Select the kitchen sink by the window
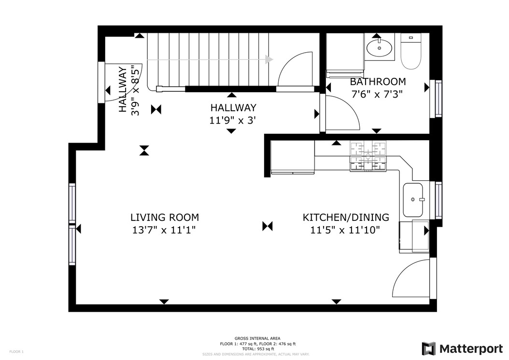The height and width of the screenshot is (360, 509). coord(413,200)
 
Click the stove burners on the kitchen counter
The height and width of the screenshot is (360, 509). coord(368,156)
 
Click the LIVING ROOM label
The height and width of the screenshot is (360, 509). coord(165,217)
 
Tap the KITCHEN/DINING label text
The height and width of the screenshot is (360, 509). coord(346,217)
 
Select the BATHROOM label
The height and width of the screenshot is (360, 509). coord(378,81)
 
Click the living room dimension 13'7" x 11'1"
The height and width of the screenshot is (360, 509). coord(164,230)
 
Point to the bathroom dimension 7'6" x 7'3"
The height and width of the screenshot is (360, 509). coord(377,94)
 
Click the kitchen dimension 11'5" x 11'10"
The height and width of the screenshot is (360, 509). coord(345,230)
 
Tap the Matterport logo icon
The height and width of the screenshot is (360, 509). coord(428,348)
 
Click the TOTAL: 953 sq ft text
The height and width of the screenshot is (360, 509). coord(257,349)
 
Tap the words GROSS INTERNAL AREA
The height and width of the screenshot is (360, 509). coord(257,338)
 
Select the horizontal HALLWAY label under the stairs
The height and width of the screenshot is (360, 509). coord(233,108)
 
